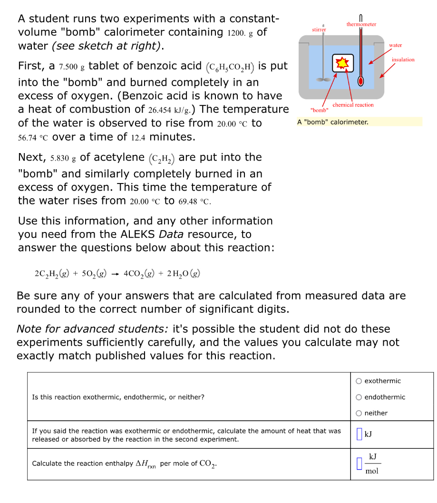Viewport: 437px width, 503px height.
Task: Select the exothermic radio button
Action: pyautogui.click(x=359, y=381)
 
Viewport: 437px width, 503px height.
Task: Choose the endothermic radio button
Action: pyautogui.click(x=359, y=397)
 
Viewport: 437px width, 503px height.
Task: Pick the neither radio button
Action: pyautogui.click(x=359, y=413)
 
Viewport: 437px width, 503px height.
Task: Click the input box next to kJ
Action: pyautogui.click(x=359, y=435)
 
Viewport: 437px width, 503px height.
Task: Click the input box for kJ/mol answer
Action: pyautogui.click(x=359, y=464)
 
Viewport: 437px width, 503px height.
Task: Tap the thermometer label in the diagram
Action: pyautogui.click(x=361, y=24)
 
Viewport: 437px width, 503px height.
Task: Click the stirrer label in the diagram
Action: pyautogui.click(x=319, y=29)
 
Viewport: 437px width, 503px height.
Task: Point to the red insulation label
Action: pyautogui.click(x=403, y=59)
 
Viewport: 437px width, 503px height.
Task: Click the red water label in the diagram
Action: pyautogui.click(x=395, y=45)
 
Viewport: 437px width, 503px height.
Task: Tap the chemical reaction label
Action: pyautogui.click(x=353, y=105)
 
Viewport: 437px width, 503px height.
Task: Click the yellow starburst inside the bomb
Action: pyautogui.click(x=342, y=63)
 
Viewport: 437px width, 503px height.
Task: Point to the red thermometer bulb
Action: pyautogui.click(x=360, y=81)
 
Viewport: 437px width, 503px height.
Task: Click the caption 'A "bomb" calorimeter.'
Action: pyautogui.click(x=333, y=122)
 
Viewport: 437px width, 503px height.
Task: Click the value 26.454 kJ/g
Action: pyautogui.click(x=169, y=110)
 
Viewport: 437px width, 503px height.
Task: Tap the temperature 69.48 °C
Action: pyautogui.click(x=194, y=201)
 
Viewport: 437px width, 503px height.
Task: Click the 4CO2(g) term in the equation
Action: pyautogui.click(x=138, y=273)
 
